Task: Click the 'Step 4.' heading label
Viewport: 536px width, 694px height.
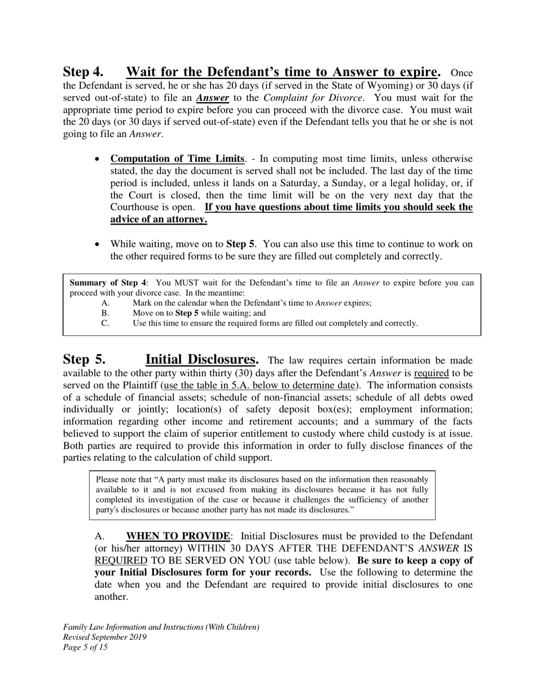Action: click(x=83, y=72)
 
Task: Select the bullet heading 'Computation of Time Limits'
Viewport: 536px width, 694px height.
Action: click(x=178, y=159)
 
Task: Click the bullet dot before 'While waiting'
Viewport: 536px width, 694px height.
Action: click(x=98, y=244)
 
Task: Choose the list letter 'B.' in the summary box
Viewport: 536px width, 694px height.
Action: click(x=105, y=313)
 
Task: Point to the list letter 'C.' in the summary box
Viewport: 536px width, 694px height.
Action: click(x=105, y=323)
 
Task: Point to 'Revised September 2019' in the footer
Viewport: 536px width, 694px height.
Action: click(x=105, y=637)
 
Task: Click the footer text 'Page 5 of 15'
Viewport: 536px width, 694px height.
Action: click(x=85, y=647)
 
